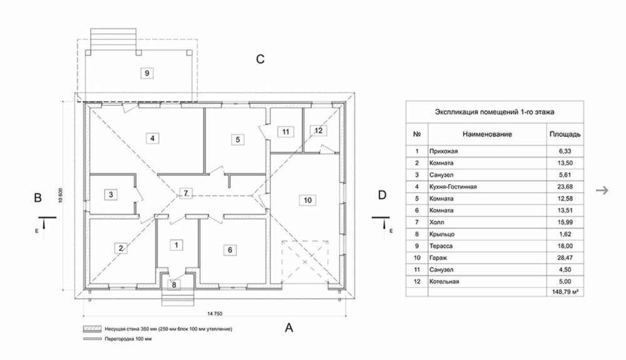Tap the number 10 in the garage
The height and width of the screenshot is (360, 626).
[307, 200]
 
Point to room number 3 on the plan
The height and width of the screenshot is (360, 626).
[110, 194]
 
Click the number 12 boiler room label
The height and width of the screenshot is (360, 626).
[318, 130]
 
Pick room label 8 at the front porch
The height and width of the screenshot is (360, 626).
[175, 284]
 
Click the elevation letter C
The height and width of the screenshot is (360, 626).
[260, 59]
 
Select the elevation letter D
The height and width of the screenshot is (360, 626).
[382, 196]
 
